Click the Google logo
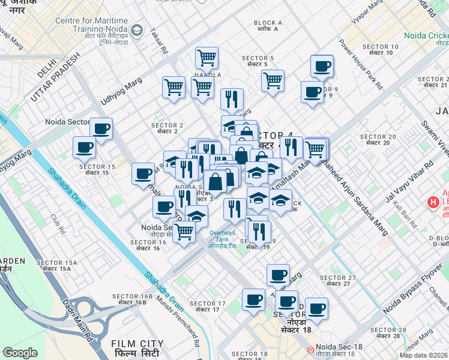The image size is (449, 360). (20, 353)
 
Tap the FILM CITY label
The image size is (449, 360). (134, 346)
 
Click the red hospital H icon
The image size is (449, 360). (432, 202)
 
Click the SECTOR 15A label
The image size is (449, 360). (57, 266)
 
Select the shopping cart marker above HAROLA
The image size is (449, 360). (206, 58)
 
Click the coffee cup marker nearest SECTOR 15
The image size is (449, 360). (85, 147)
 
